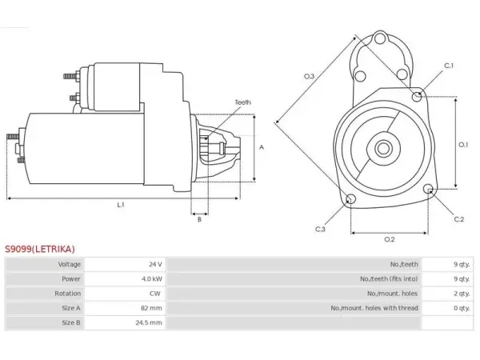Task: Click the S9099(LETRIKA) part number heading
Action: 40,249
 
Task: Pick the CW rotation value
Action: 155,294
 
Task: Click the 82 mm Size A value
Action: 151,308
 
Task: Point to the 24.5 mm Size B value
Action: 149,322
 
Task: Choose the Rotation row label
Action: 68,294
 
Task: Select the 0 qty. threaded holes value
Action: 462,308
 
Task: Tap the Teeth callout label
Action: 242,102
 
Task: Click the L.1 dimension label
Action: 121,205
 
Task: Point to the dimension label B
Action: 199,219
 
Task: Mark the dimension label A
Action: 262,147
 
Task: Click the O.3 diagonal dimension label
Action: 309,76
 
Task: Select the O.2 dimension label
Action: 390,239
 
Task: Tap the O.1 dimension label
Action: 463,145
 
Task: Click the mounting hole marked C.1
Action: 417,97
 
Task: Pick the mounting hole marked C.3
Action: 350,199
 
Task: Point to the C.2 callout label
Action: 459,219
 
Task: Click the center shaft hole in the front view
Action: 383,149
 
